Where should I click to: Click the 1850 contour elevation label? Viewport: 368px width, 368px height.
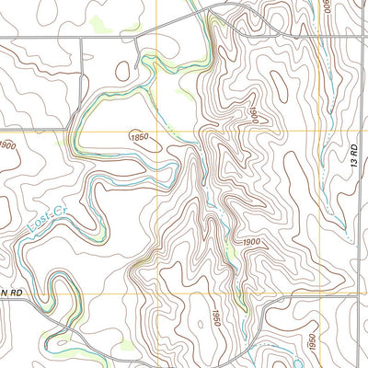pyautogui.click(x=140, y=137)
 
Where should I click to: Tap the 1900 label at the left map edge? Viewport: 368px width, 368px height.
pyautogui.click(x=8, y=146)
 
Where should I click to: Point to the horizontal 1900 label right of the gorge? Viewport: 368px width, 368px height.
pyautogui.click(x=255, y=241)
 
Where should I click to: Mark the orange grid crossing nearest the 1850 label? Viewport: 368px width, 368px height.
pyautogui.click(x=156, y=132)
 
